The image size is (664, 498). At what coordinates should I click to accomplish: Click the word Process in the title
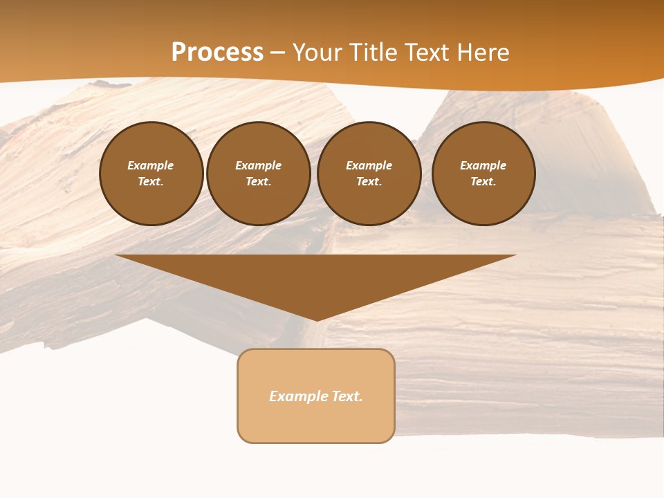pos(217,53)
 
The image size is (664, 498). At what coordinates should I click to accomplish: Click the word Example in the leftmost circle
pos(151,165)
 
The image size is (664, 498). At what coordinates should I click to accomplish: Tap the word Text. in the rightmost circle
pos(483,181)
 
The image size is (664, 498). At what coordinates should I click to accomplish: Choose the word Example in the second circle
pos(259,165)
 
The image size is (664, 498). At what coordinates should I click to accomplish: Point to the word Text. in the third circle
pos(369,181)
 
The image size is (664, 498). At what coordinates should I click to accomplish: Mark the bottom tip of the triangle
pos(316,320)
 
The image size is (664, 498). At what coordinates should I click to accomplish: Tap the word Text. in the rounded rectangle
pos(347,396)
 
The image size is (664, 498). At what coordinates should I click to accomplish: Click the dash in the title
pos(277,53)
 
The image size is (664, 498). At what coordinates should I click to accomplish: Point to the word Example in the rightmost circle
pos(483,165)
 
